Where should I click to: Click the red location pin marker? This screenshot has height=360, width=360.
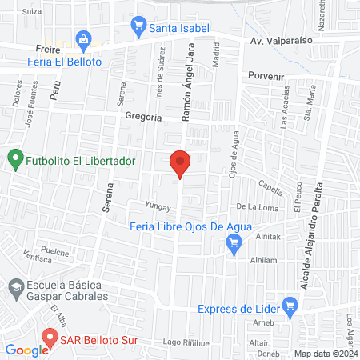(x=180, y=163)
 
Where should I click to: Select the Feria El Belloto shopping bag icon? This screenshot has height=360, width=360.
(x=82, y=38)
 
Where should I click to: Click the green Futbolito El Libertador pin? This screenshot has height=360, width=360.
(x=14, y=158)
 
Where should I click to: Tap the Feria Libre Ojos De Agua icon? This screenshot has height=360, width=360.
(x=234, y=249)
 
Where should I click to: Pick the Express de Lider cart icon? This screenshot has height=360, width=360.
(x=290, y=304)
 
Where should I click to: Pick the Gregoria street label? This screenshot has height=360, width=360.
(x=144, y=117)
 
